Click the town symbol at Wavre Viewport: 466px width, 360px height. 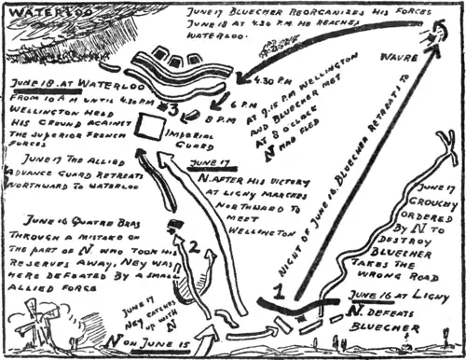click(x=430, y=37)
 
